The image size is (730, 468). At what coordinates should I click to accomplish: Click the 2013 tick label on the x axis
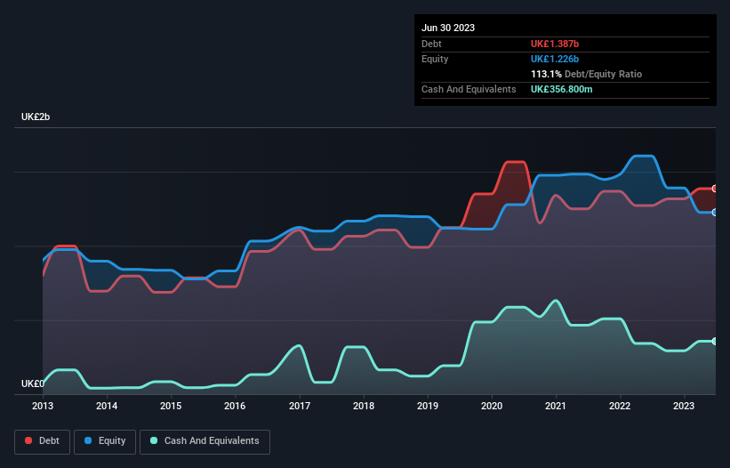point(43,406)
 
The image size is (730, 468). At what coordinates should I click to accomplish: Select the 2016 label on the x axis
point(235,406)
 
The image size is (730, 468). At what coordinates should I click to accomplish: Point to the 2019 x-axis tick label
point(428,406)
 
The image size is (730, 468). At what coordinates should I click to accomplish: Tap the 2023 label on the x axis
point(684,406)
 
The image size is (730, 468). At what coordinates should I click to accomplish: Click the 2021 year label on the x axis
point(556,406)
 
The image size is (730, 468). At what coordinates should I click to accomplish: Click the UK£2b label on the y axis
point(36,117)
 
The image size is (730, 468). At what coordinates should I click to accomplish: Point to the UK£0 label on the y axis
point(32,383)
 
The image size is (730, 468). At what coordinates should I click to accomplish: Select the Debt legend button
point(42,441)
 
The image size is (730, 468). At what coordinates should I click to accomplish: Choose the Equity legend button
point(106,441)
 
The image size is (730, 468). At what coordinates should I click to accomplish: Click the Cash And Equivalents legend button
point(205,441)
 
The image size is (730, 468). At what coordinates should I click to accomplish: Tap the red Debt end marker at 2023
point(715,189)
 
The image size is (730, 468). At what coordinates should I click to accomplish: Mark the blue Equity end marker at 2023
point(715,212)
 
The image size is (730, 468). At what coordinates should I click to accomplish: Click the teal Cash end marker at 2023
point(715,341)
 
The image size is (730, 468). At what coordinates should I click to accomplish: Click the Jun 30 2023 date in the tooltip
point(448,28)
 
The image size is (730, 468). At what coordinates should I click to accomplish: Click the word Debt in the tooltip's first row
point(431,44)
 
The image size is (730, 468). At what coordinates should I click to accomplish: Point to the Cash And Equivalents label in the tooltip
point(469,89)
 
